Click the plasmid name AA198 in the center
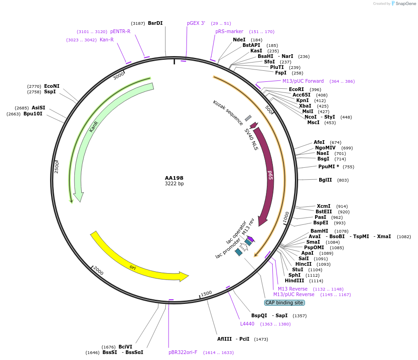(174, 178)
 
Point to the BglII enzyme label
(325, 180)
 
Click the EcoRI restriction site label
(296, 90)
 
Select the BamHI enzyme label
(319, 231)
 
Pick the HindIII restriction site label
(294, 281)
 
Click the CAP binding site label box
(284, 303)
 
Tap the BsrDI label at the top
(155, 23)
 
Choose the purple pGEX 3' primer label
(196, 23)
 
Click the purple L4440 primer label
(247, 324)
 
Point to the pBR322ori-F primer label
(183, 353)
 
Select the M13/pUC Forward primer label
(303, 81)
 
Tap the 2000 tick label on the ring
(98, 272)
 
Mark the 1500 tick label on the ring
(206, 293)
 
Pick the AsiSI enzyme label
(39, 108)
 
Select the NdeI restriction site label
(239, 40)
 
